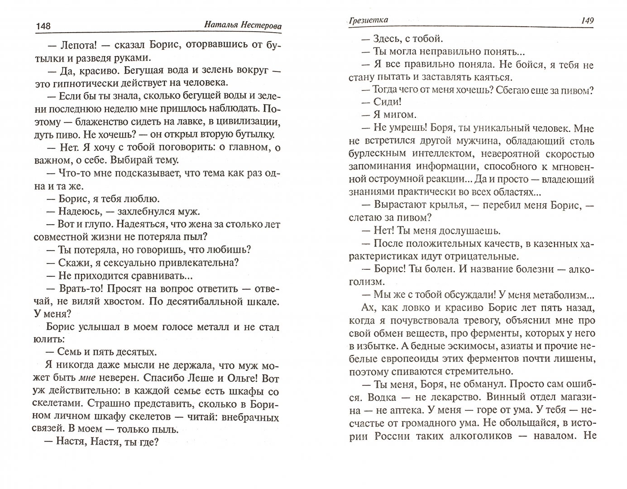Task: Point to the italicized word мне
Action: click(x=88, y=378)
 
